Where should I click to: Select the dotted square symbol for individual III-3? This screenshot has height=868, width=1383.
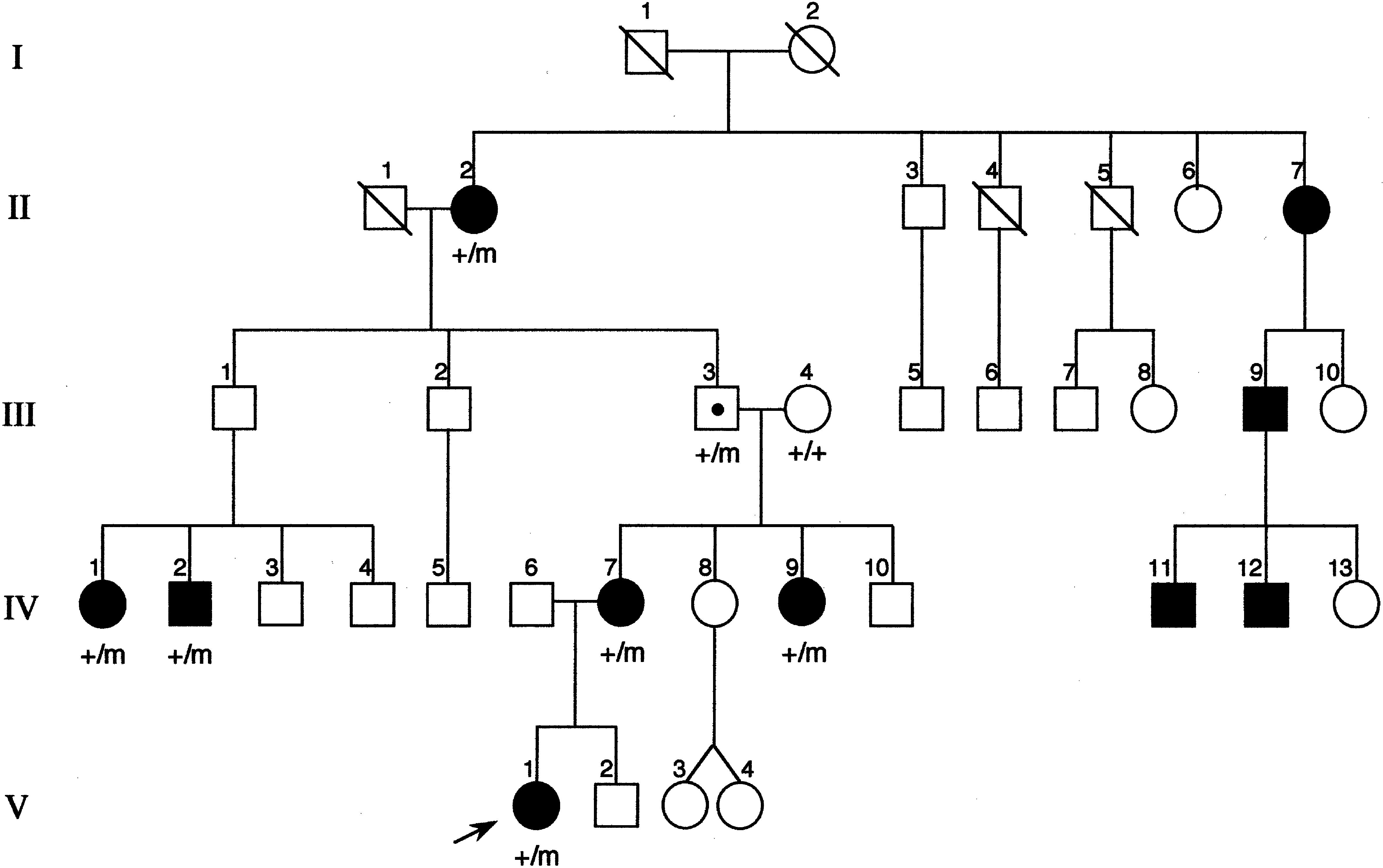[x=717, y=409]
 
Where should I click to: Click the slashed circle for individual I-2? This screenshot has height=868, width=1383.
[x=812, y=50]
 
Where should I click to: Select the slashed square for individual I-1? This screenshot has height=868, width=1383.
[x=646, y=52]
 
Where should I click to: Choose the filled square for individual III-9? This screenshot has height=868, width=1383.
[x=1265, y=409]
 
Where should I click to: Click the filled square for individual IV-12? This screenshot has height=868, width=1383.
[x=1266, y=605]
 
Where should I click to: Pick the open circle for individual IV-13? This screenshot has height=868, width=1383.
[x=1356, y=605]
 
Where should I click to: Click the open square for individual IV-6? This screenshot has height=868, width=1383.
[x=531, y=604]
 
